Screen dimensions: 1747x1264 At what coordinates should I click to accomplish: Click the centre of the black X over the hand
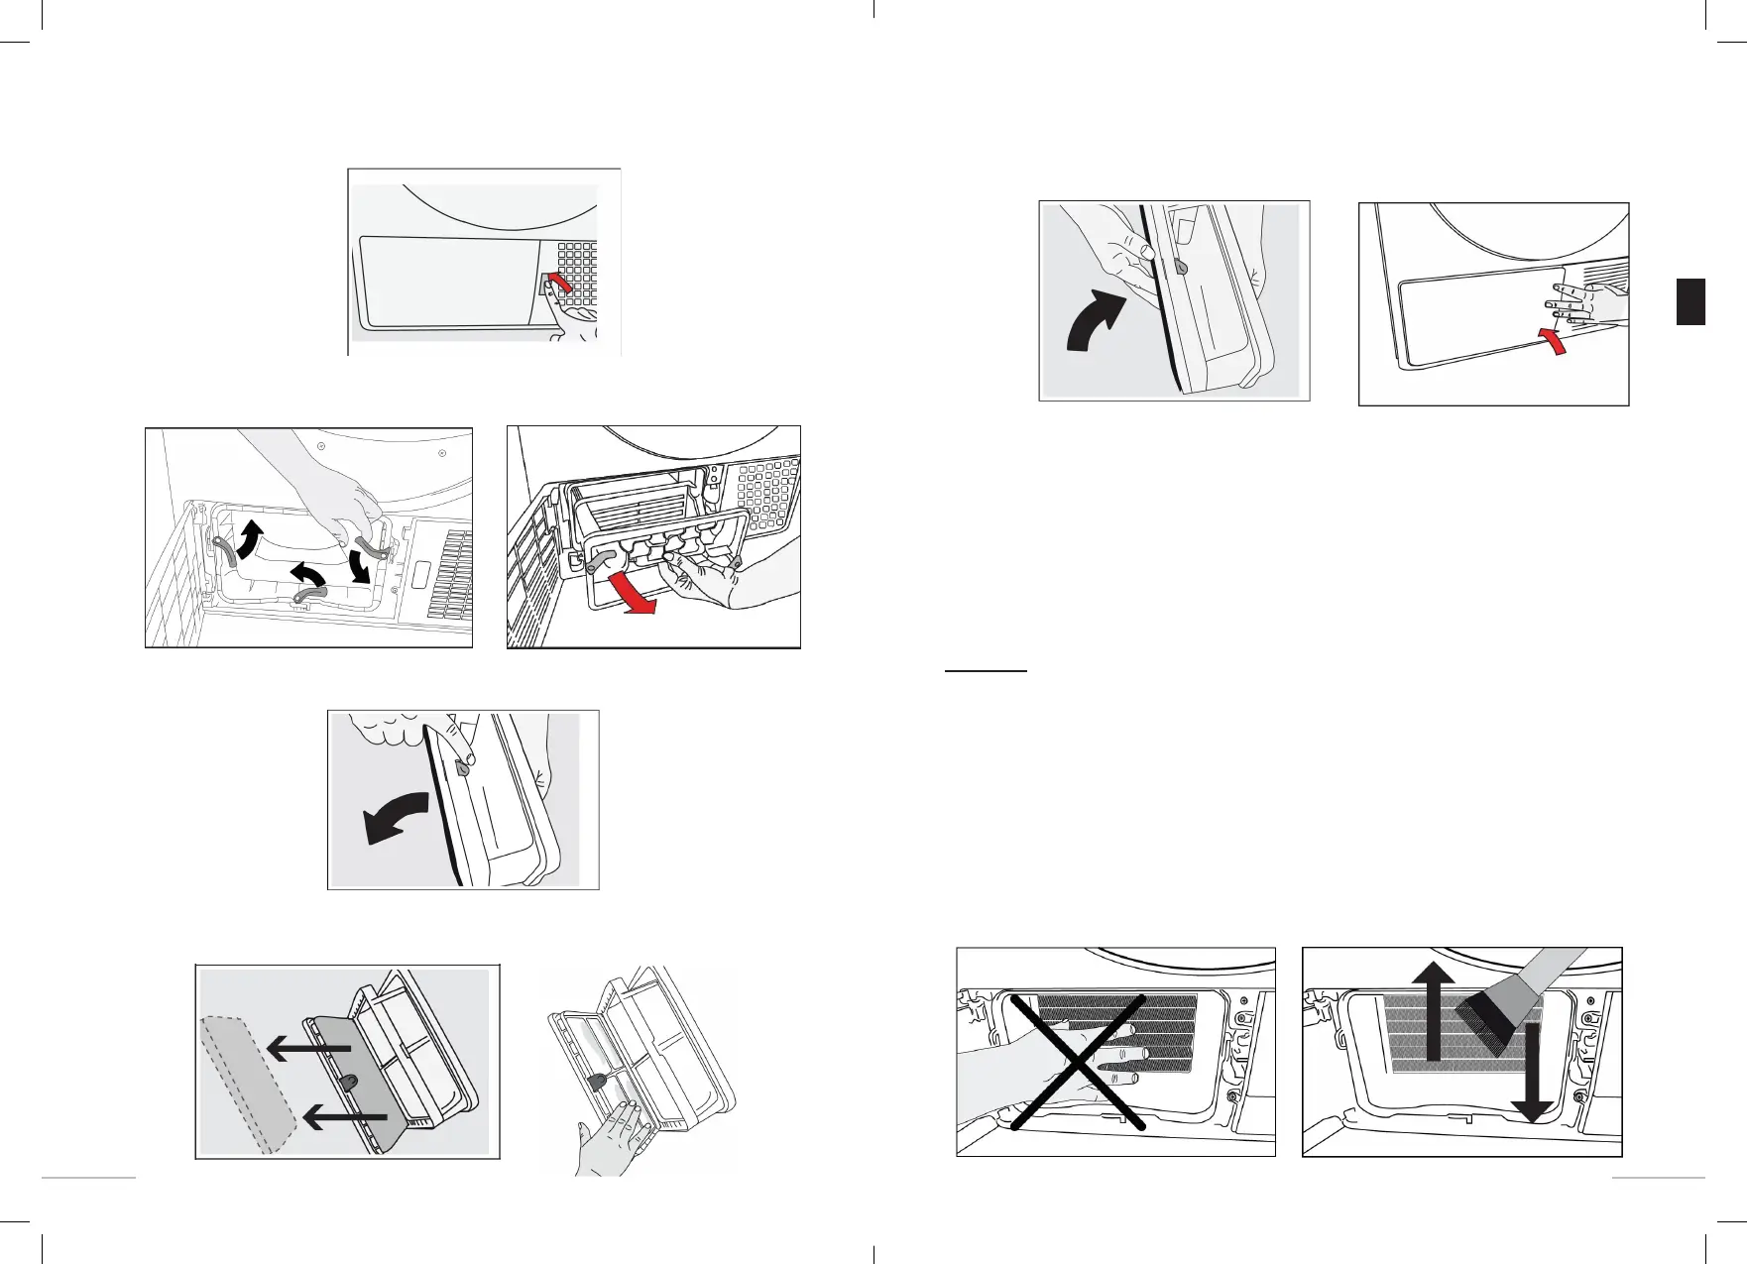(1079, 1063)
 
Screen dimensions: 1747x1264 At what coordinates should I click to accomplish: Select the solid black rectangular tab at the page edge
(1690, 301)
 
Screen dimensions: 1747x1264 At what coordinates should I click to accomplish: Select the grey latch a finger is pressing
(461, 766)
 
